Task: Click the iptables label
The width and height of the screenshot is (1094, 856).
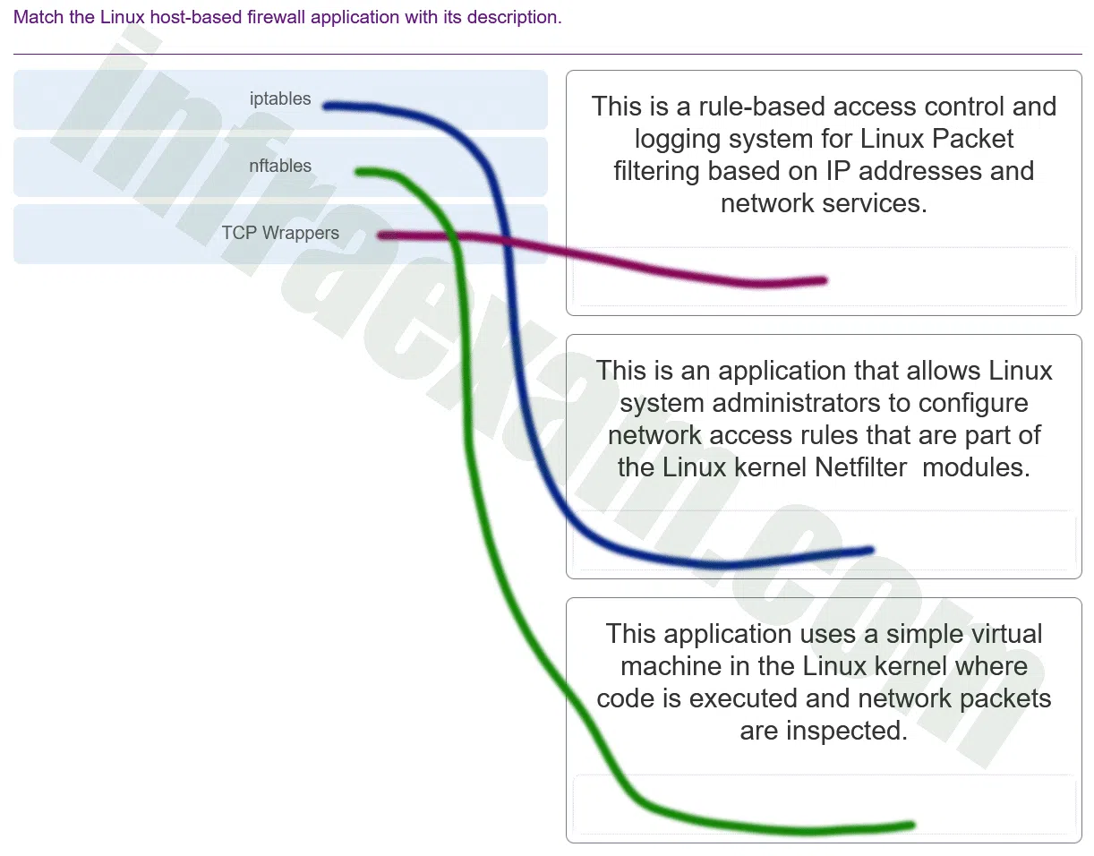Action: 280,98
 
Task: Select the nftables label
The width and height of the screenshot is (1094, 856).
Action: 280,166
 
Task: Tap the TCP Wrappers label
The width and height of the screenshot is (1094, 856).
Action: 280,233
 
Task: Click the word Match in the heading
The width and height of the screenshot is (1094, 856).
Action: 38,17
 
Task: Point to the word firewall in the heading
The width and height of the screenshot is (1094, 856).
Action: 276,17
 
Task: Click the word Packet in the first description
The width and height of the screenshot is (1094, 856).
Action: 972,139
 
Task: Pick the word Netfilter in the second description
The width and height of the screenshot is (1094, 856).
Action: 861,467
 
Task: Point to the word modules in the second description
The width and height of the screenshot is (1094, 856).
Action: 976,467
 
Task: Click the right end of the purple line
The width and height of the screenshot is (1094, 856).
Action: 825,280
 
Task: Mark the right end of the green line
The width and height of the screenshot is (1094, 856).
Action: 911,825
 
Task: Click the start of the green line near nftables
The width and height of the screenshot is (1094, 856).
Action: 358,173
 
